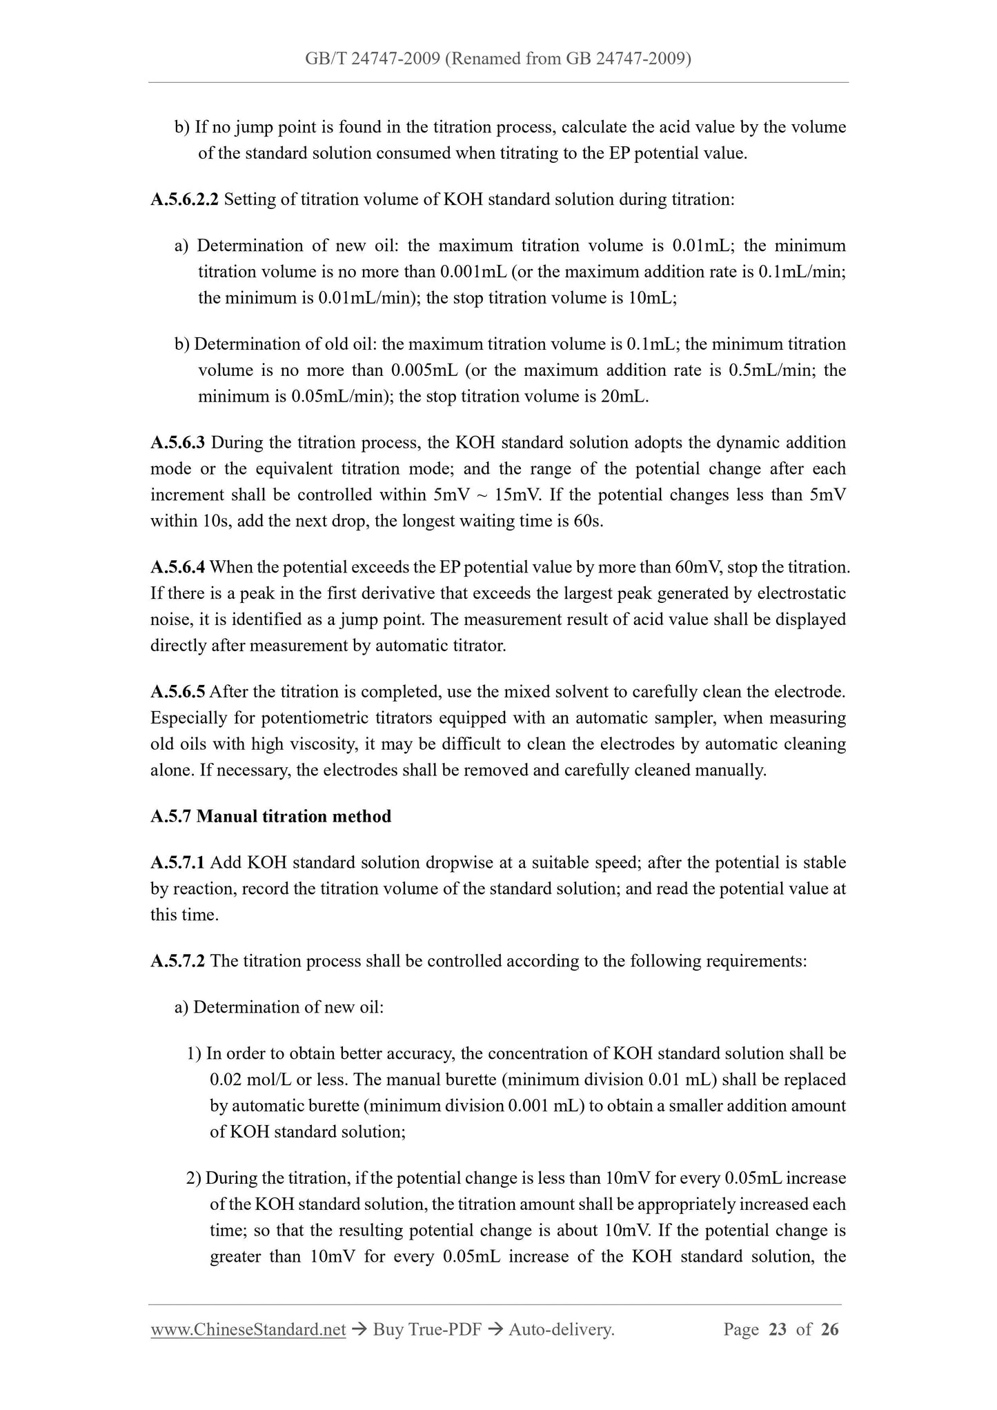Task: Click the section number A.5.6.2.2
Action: coord(184,200)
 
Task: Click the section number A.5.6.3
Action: coord(177,443)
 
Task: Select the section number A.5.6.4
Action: coord(177,568)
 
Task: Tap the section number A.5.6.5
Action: coord(177,692)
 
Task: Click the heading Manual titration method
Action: coord(294,817)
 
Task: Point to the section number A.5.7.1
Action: coord(177,863)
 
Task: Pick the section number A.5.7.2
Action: coord(177,961)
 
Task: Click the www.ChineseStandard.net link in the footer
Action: coord(248,1330)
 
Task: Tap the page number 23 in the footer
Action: coord(778,1330)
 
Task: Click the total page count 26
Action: coord(830,1330)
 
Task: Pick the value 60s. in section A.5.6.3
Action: coord(589,522)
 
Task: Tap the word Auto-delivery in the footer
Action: coord(561,1330)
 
